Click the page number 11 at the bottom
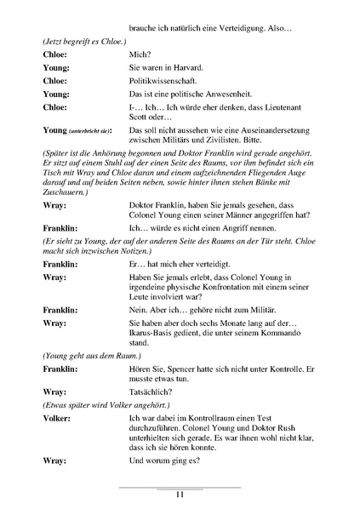[180, 495]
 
